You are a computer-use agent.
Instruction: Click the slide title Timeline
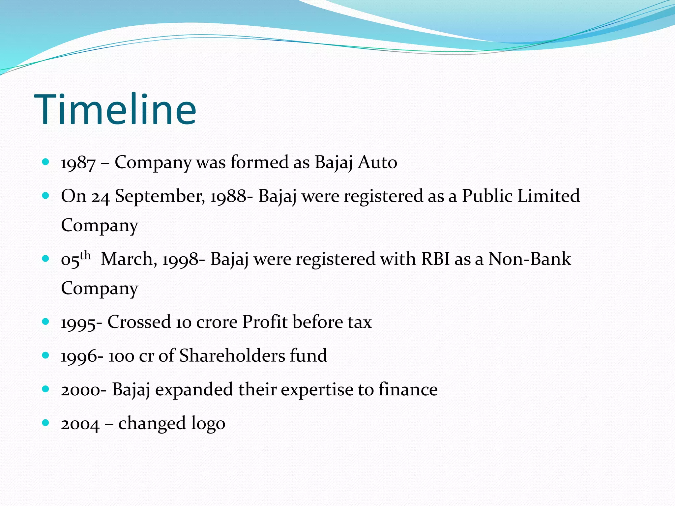115,109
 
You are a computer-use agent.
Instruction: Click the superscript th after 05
85,255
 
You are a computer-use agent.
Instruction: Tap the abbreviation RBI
435,259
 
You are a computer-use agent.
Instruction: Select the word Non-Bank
529,259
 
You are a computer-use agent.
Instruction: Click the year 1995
78,323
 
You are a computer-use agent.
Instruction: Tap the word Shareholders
232,356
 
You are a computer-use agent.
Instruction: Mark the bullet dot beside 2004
46,423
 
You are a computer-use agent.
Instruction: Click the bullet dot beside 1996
46,355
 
